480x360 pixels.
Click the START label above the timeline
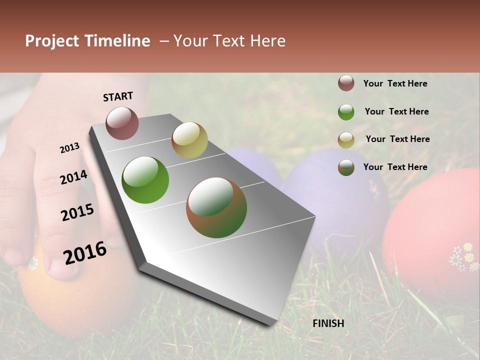click(118, 96)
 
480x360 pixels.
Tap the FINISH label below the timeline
click(328, 323)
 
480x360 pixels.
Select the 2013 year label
click(70, 148)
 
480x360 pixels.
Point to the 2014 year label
click(73, 177)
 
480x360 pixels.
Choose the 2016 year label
click(85, 252)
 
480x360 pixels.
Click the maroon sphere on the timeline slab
click(122, 123)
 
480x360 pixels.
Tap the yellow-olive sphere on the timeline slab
click(189, 140)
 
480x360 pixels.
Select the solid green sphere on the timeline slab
click(145, 180)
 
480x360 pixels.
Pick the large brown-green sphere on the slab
click(216, 207)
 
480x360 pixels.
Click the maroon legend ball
click(346, 83)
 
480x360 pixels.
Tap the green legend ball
click(346, 112)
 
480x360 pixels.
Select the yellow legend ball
click(346, 140)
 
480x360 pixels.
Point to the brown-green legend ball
click(346, 167)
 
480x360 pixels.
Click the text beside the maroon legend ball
click(395, 84)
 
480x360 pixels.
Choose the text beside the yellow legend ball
click(397, 139)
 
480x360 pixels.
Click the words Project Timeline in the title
click(87, 41)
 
